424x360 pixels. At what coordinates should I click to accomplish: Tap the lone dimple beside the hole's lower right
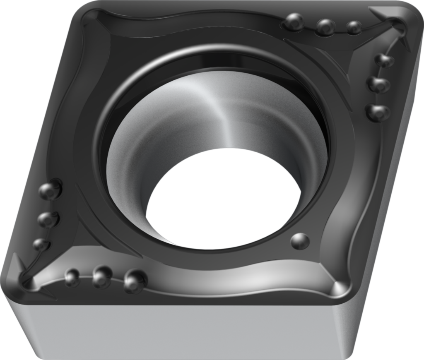[300, 241]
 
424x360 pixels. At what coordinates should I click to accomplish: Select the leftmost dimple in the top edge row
[294, 22]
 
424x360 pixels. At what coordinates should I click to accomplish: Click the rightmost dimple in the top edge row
[354, 27]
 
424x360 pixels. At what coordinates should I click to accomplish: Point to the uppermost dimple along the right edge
[383, 60]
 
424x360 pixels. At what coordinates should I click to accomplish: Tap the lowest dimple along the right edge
[378, 112]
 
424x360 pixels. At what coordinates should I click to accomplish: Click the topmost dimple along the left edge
[50, 190]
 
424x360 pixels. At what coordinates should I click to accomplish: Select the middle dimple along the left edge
[48, 219]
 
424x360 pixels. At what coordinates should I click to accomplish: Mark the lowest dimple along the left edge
[41, 244]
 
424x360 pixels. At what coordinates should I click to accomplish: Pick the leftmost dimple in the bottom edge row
[72, 277]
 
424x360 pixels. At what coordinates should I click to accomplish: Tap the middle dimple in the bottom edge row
[102, 276]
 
